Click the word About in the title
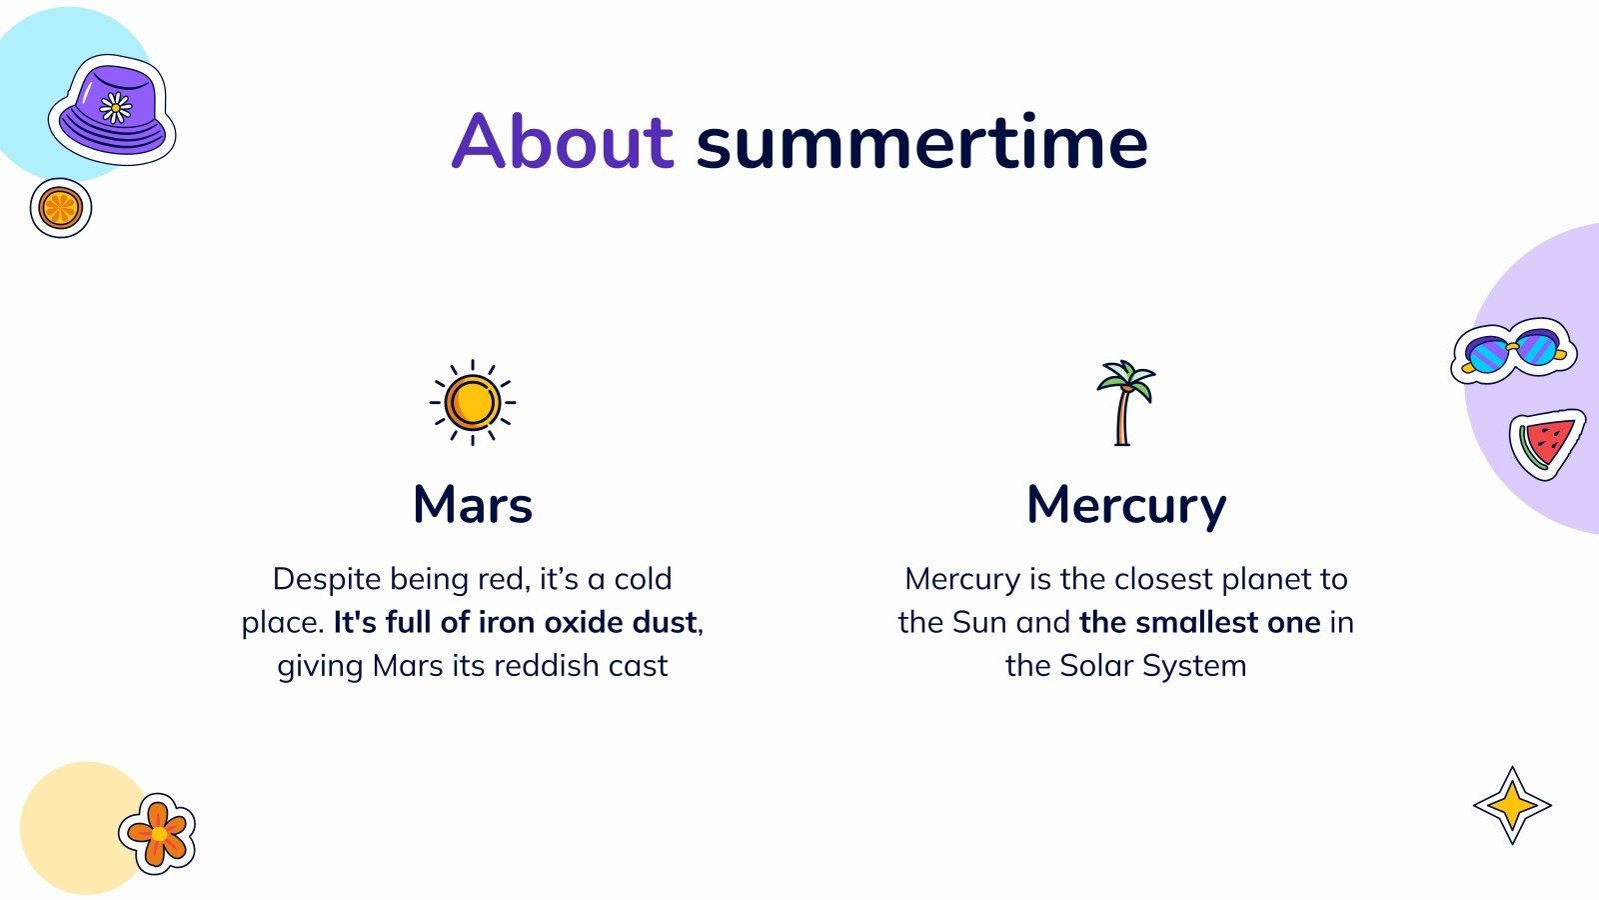(563, 141)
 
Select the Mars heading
(473, 504)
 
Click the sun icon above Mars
(473, 402)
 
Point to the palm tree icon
(1125, 403)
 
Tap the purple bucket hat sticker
(112, 110)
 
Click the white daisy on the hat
(115, 108)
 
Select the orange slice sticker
(61, 208)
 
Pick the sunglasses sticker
(1513, 351)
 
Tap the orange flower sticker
(157, 834)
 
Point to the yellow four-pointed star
(1512, 806)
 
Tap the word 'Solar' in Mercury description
(1095, 666)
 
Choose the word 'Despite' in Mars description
(328, 580)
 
